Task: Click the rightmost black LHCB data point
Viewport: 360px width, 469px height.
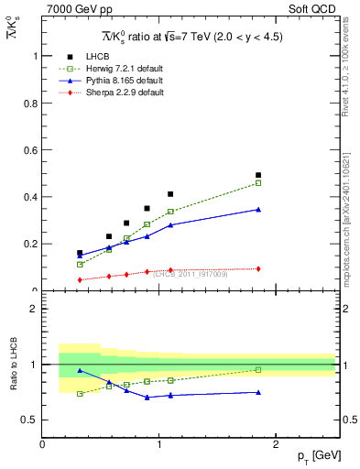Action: [x=258, y=175]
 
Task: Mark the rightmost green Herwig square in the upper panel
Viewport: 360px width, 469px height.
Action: [x=258, y=183]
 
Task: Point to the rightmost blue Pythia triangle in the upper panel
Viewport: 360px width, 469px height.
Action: [x=258, y=210]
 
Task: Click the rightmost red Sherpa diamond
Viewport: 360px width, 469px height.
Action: [x=258, y=268]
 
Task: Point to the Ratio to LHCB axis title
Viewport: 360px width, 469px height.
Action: [x=14, y=365]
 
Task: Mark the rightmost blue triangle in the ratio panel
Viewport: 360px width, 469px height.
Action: [x=258, y=392]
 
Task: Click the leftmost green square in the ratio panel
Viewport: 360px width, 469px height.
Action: [x=80, y=394]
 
